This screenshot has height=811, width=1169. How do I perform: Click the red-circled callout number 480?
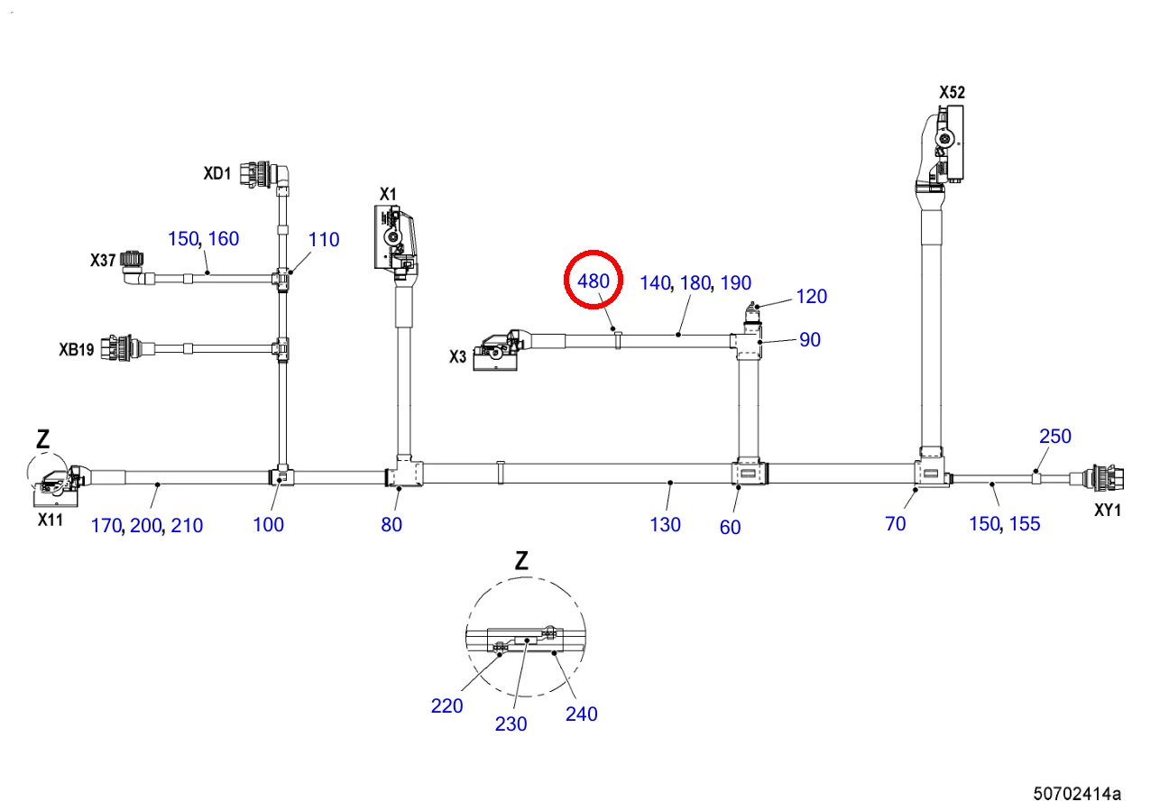pos(594,281)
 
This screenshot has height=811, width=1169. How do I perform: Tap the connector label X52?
pos(952,92)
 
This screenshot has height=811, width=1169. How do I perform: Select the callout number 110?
pos(324,240)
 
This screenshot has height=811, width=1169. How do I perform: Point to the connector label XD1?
pos(217,173)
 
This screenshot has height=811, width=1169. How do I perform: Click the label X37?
pos(103,260)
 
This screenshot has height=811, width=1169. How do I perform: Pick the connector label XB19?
pos(76,349)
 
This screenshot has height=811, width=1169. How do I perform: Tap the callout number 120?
pos(812,297)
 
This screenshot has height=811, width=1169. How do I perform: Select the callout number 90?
pos(810,340)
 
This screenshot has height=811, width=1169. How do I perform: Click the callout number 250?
pos(1055,437)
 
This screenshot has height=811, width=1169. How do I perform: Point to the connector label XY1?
pos(1108,510)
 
